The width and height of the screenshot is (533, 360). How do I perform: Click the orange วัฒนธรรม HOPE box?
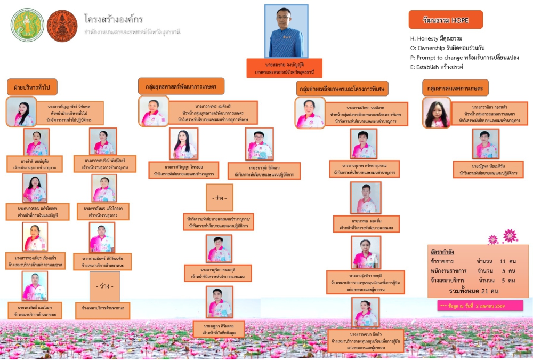(446, 19)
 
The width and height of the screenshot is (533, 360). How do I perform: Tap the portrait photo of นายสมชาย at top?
(286, 31)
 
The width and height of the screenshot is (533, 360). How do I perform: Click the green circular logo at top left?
(27, 25)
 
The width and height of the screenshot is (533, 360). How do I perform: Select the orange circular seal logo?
(62, 25)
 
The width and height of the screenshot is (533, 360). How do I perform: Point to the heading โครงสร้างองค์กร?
(113, 19)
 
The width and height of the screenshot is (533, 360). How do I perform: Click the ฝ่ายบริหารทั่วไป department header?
(32, 86)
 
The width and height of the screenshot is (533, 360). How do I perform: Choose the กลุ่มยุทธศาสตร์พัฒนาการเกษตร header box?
(181, 86)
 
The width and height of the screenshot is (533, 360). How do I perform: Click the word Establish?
(430, 67)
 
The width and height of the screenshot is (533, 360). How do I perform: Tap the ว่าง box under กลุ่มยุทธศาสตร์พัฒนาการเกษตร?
(219, 198)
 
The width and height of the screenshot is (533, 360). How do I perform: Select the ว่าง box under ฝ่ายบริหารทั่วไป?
(104, 286)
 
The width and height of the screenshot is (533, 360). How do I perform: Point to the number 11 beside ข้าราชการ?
(503, 262)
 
